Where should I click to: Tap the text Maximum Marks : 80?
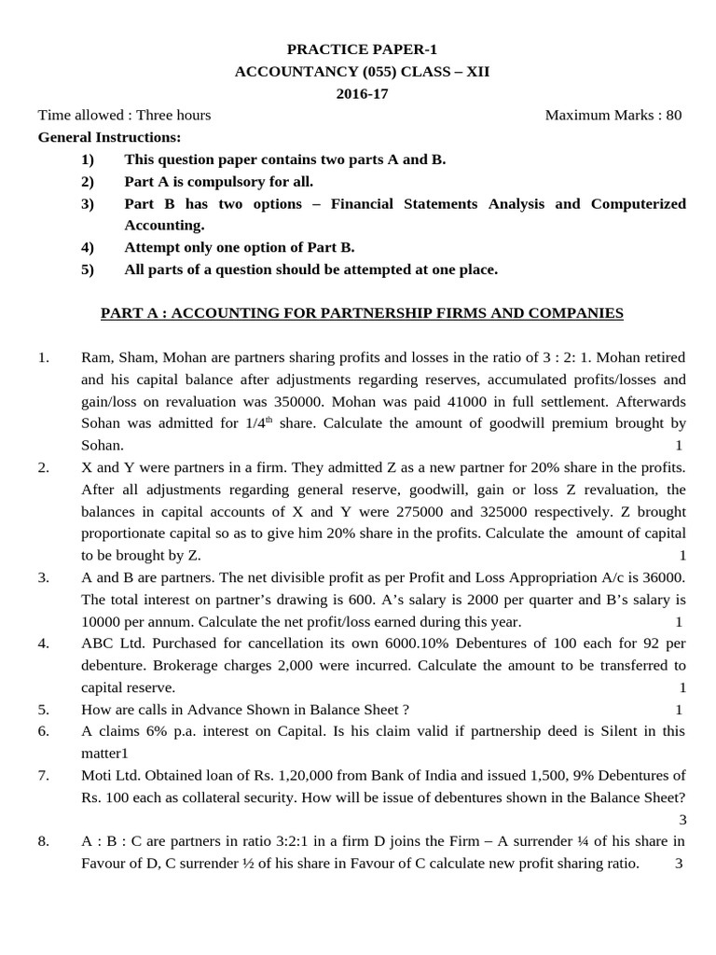tap(613, 116)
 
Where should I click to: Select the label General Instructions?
tap(109, 137)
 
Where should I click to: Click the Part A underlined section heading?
tap(362, 313)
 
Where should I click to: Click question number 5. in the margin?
tap(43, 710)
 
